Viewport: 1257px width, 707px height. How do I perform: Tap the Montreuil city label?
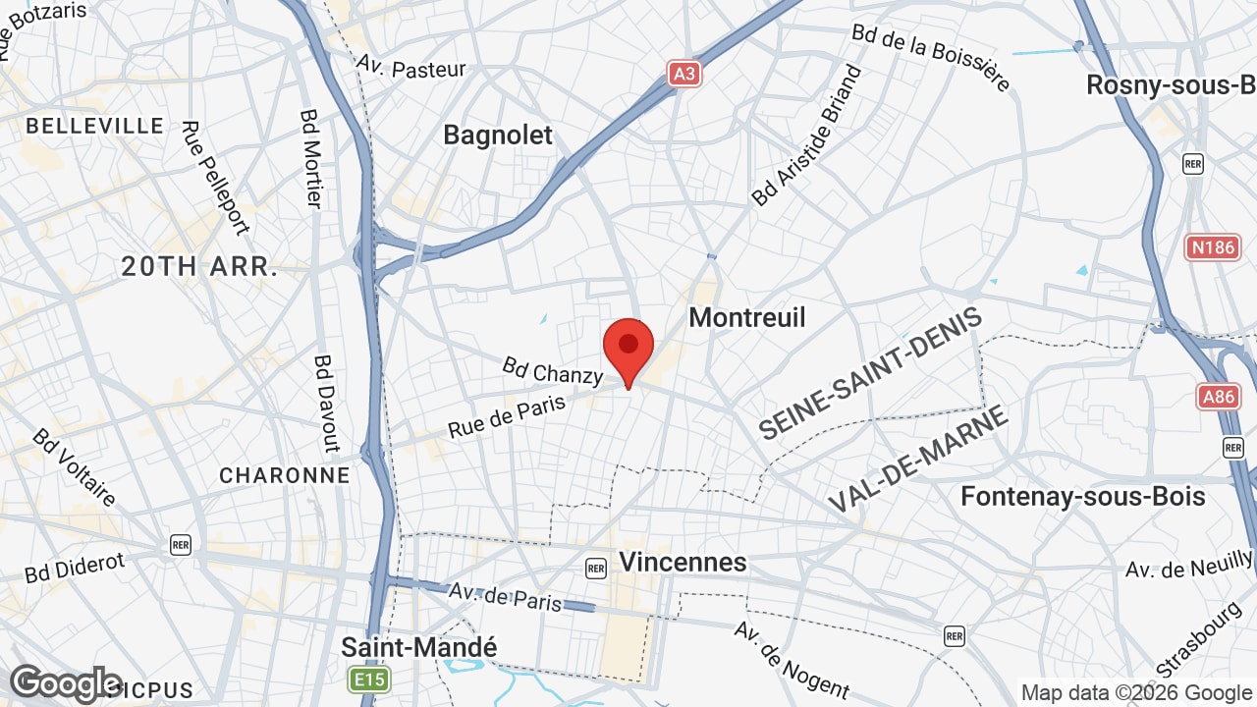(x=747, y=317)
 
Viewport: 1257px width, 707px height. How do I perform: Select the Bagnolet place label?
(x=498, y=135)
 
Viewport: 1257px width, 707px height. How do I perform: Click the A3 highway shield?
(x=685, y=74)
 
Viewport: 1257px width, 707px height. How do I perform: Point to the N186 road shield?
(x=1212, y=247)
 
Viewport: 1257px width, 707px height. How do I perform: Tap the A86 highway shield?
(x=1218, y=397)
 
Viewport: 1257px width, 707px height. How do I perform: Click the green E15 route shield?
(x=368, y=679)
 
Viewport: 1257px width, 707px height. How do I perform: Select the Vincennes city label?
(x=683, y=562)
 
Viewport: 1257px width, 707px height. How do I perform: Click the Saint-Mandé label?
(x=419, y=647)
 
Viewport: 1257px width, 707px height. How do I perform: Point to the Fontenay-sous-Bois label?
(x=1083, y=496)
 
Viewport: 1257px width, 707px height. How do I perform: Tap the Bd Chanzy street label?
(x=552, y=370)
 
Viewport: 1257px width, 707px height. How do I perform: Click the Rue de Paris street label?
(x=507, y=415)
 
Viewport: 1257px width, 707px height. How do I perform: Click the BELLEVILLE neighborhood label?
(x=95, y=126)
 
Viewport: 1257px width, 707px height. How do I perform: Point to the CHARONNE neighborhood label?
(x=284, y=475)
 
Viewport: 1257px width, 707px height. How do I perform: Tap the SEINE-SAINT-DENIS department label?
(x=870, y=374)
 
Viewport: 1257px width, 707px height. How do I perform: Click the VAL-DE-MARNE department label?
(x=918, y=459)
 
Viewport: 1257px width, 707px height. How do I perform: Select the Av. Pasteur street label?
(x=410, y=68)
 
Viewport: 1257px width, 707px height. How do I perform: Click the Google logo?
(x=65, y=683)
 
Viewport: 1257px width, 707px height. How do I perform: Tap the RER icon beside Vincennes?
(x=595, y=568)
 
